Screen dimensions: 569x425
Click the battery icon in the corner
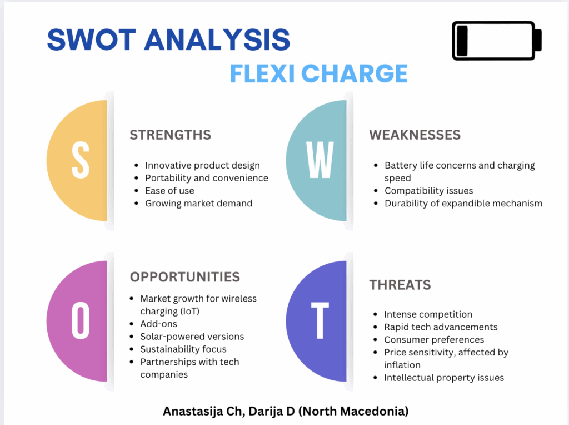click(x=496, y=40)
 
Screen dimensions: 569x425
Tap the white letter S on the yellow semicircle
click(x=81, y=160)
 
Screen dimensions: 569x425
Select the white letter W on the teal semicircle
click(x=320, y=160)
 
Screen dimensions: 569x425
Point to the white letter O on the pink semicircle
click(x=81, y=321)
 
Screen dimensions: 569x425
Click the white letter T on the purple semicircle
click(x=320, y=321)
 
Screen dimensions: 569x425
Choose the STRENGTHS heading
click(x=171, y=135)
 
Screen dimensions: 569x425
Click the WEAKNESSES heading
click(x=415, y=135)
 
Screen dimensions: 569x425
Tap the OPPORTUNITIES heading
click(x=185, y=277)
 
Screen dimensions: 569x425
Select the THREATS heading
click(x=400, y=285)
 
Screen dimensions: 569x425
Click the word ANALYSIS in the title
click(x=217, y=39)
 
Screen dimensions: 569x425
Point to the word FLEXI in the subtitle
click(x=262, y=73)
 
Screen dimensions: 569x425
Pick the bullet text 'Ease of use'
click(x=169, y=191)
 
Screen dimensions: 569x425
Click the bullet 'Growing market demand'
click(x=199, y=204)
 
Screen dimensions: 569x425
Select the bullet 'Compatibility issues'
click(x=429, y=191)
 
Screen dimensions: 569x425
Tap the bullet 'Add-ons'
click(x=158, y=324)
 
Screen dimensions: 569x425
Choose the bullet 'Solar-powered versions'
click(x=192, y=337)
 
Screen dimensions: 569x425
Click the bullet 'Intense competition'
click(x=428, y=314)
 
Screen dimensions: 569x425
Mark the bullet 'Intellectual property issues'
click(x=444, y=378)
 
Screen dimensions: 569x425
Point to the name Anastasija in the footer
click(x=193, y=412)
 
